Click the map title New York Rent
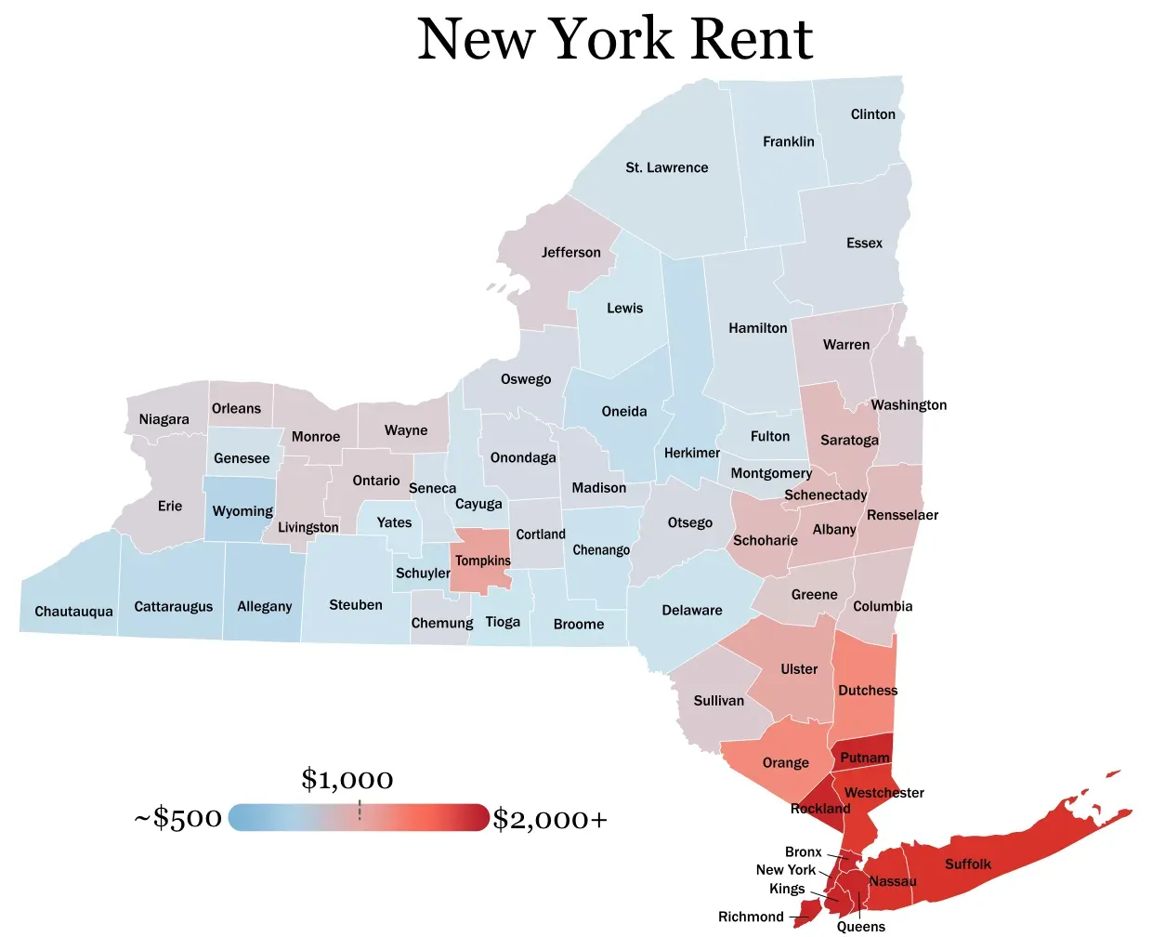(x=615, y=39)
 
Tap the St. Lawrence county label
(x=666, y=167)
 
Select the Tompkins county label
(x=482, y=561)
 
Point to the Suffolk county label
(x=967, y=864)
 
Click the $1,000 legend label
(x=347, y=779)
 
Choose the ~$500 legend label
(x=178, y=818)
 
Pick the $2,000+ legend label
(x=550, y=819)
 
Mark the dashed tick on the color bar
(x=360, y=810)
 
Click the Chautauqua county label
(x=73, y=612)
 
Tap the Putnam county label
(x=864, y=758)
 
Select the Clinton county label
(x=872, y=114)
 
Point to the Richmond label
(x=751, y=917)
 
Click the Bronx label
(x=803, y=851)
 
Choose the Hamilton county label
(x=757, y=328)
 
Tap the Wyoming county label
(x=242, y=511)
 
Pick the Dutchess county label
(x=868, y=690)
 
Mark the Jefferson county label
(x=570, y=252)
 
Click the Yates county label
(x=394, y=522)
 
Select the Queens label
(x=860, y=926)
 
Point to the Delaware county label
(x=691, y=610)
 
